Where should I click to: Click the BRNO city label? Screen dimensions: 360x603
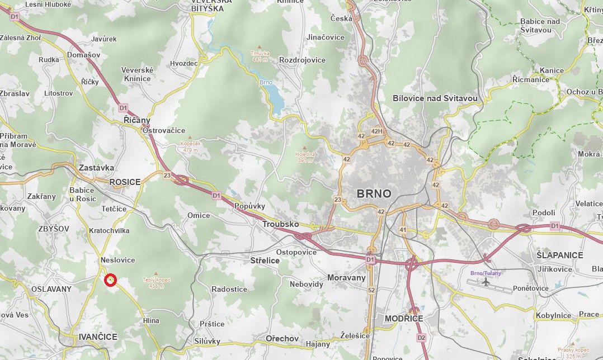374,194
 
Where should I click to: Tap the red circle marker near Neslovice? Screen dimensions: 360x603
111,280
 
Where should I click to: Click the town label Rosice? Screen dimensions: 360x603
125,182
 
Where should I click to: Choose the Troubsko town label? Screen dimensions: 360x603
280,224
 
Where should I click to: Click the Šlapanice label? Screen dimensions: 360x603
559,255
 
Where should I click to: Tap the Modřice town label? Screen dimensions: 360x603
404,319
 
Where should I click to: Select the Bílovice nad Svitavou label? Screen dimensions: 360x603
435,98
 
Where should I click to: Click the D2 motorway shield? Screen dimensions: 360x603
421,338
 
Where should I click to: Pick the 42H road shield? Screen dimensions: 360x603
378,131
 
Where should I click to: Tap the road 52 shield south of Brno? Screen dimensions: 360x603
371,290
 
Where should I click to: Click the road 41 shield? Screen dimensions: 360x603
403,230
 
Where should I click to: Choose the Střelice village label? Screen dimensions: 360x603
265,260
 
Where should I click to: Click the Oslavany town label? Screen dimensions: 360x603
51,289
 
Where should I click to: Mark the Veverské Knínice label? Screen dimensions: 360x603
137,74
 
